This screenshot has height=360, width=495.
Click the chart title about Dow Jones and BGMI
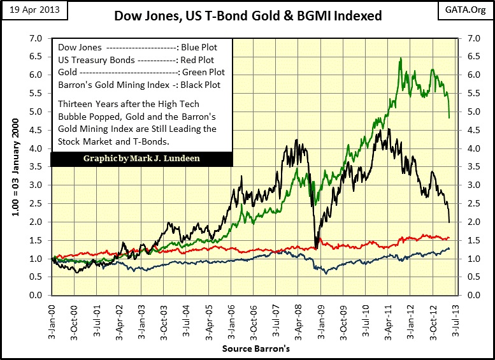(x=248, y=15)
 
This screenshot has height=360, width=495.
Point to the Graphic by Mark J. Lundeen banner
(x=141, y=157)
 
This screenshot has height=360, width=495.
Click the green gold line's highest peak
(x=400, y=59)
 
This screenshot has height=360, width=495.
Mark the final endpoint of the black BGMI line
(x=449, y=222)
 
